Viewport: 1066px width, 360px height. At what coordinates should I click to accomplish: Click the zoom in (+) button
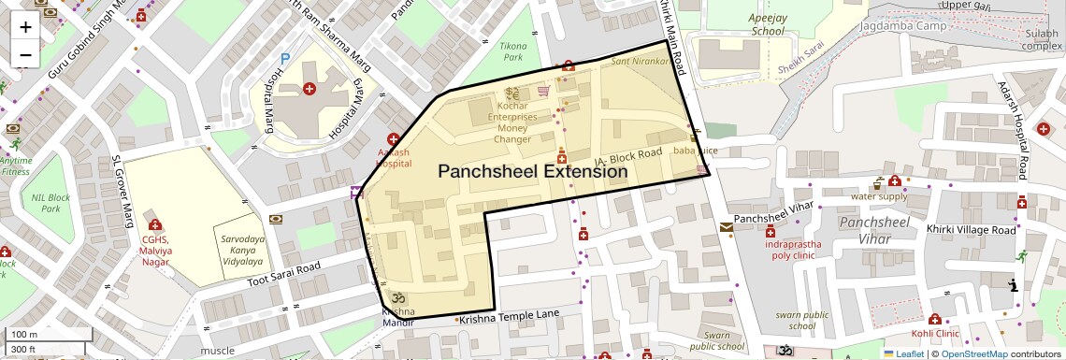(x=25, y=26)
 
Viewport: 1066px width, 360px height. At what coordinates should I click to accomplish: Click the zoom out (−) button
(x=25, y=54)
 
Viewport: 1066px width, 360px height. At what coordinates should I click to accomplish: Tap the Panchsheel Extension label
(x=532, y=172)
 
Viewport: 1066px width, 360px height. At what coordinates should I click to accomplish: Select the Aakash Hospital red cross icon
(x=393, y=139)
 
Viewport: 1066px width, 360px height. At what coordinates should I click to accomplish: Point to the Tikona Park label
(x=513, y=50)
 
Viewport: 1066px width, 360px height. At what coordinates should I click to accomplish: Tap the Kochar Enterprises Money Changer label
(x=511, y=122)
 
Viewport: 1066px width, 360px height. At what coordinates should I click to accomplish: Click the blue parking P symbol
(x=284, y=58)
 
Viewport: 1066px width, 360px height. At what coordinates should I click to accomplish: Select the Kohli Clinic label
(x=935, y=333)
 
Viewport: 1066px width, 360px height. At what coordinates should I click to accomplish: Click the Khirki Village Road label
(x=970, y=229)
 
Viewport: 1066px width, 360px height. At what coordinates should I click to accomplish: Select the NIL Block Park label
(x=50, y=203)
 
